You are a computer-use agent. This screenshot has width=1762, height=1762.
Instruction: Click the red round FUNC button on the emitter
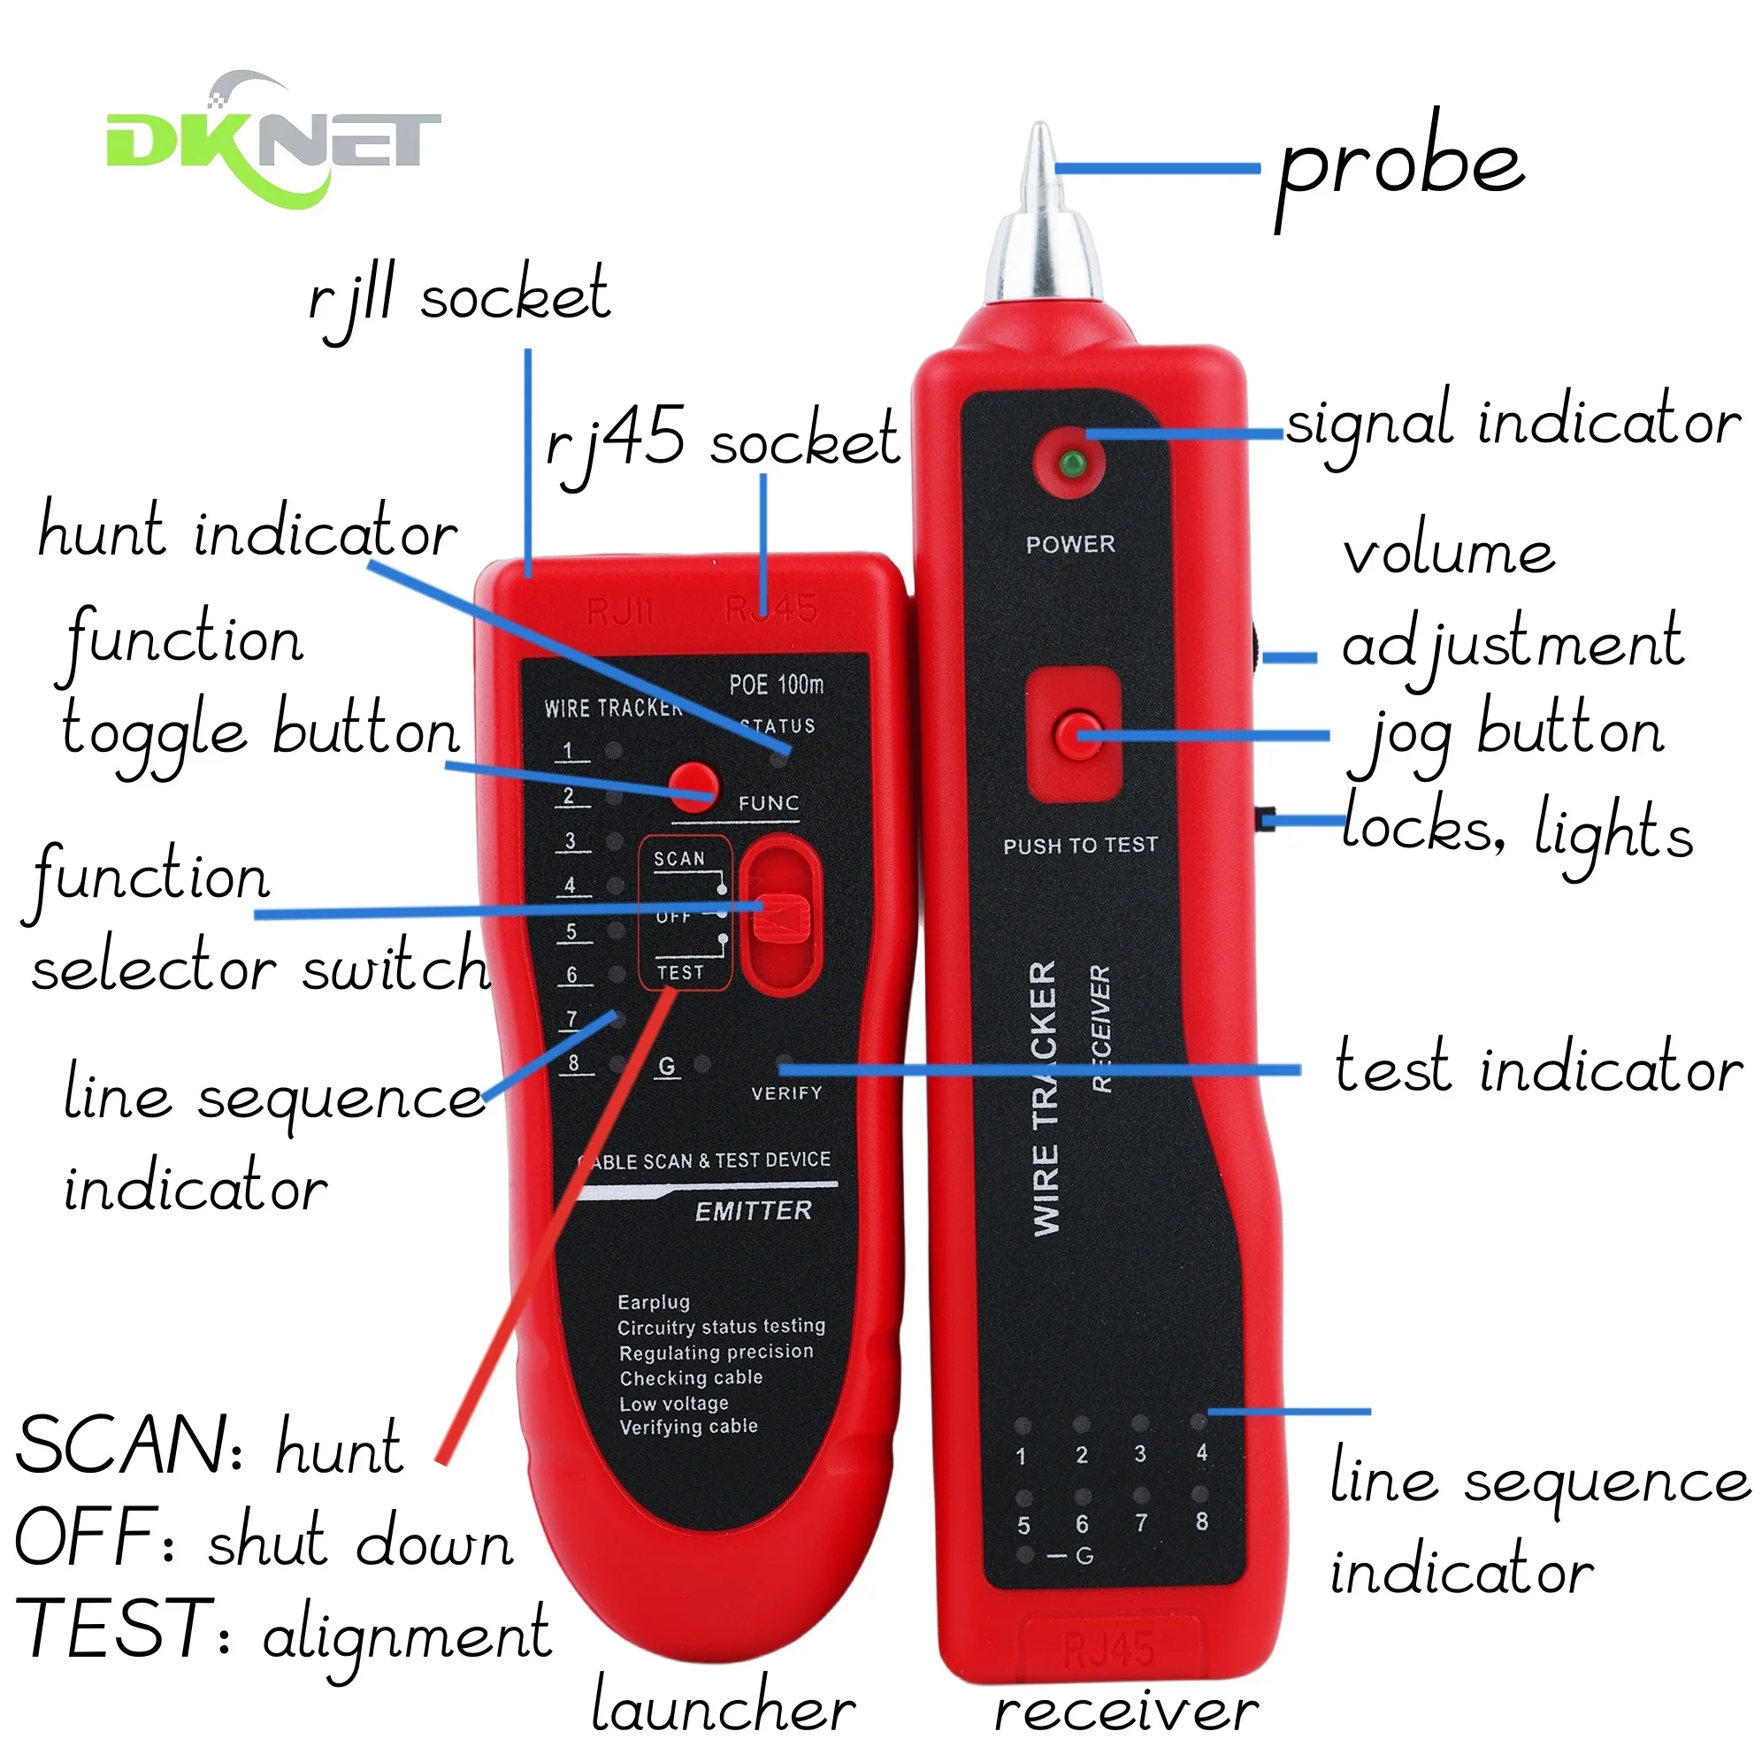[693, 786]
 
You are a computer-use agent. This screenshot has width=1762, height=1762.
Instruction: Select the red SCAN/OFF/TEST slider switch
[780, 916]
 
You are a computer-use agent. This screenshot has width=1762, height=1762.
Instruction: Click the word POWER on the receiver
[1070, 545]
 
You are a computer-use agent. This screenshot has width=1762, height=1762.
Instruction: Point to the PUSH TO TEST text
[1080, 846]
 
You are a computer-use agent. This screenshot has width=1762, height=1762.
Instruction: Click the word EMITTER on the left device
[754, 1211]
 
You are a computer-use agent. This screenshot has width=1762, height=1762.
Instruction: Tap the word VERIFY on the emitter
[786, 1092]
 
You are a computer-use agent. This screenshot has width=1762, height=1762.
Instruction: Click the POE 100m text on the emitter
[776, 684]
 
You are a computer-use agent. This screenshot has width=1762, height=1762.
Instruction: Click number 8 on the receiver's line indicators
[1202, 1521]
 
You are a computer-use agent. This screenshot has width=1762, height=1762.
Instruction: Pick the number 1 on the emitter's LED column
[568, 751]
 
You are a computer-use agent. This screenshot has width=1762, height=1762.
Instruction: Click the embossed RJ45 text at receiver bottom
[1109, 1648]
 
